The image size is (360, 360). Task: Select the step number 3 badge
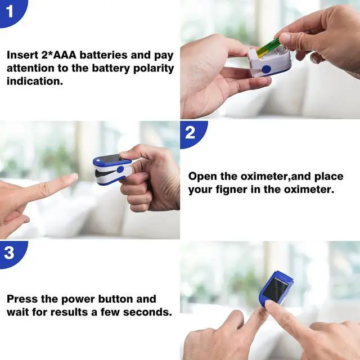(10, 253)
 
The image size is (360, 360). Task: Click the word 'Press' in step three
(23, 299)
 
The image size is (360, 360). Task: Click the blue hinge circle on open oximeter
(120, 169)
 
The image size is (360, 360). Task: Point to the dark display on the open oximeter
(110, 159)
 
